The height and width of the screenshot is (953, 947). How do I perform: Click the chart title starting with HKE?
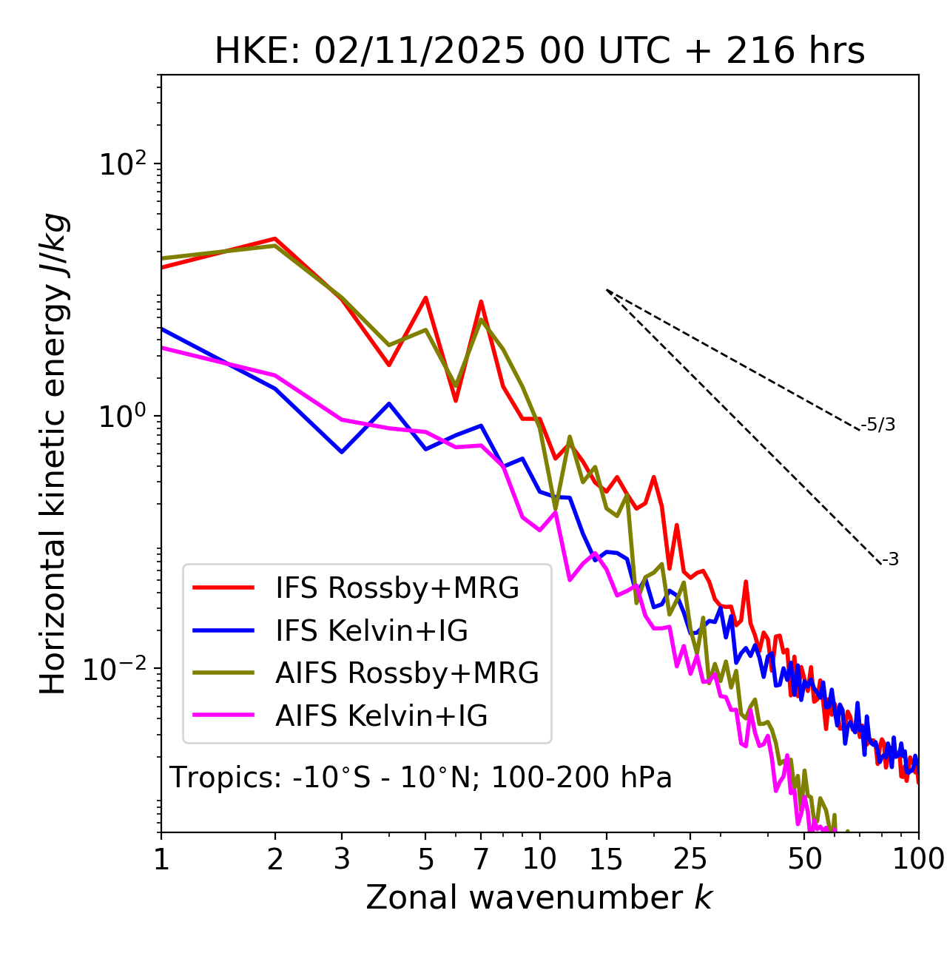tap(539, 51)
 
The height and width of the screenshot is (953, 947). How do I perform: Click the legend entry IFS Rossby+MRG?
tap(397, 588)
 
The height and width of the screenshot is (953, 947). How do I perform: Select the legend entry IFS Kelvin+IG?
tap(371, 631)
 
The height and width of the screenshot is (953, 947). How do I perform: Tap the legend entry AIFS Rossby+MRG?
tap(407, 673)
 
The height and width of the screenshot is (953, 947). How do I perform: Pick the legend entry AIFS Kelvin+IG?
tap(381, 716)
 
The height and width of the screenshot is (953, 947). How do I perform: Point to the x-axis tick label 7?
tap(481, 859)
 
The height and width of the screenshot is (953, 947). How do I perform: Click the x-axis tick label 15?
tap(606, 859)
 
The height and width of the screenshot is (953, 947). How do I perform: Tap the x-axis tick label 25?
tap(690, 859)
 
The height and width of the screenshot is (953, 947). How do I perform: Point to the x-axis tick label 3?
tap(342, 859)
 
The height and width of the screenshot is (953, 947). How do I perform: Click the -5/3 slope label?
tap(878, 425)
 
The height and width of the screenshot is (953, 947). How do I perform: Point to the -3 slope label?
tap(890, 560)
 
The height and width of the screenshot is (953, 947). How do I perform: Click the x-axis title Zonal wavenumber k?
tap(539, 898)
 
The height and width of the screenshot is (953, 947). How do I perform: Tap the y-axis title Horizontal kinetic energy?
tap(54, 454)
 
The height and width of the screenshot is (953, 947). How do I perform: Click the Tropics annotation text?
tap(420, 778)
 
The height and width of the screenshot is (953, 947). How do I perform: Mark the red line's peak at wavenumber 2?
tap(275, 238)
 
